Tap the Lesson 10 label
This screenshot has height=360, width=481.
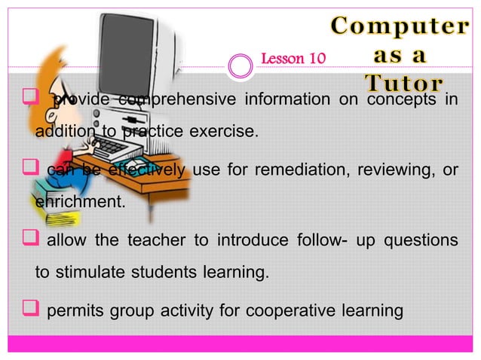pyautogui.click(x=292, y=58)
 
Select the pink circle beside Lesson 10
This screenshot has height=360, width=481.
pyautogui.click(x=241, y=66)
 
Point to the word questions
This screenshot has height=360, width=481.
pyautogui.click(x=421, y=240)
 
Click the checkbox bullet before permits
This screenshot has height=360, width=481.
pyautogui.click(x=33, y=309)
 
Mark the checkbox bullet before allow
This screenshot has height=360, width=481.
pyautogui.click(x=33, y=239)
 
